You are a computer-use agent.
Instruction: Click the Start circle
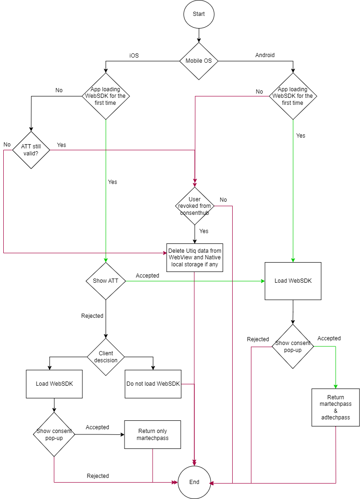point(199,14)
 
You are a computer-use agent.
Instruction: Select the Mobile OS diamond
point(199,61)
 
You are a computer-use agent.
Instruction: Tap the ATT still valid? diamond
point(31,150)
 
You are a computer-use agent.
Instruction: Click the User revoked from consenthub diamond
point(195,206)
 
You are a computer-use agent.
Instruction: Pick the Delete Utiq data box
point(195,257)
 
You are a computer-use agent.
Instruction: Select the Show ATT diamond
point(106,281)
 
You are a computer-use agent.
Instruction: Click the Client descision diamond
point(106,357)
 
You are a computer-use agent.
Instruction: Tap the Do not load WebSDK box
point(153,384)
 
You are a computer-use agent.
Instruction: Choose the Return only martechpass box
point(153,434)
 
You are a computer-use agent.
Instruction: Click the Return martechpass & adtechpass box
point(336,407)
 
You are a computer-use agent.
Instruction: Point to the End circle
point(194,482)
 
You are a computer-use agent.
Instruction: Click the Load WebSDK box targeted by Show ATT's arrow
point(293,281)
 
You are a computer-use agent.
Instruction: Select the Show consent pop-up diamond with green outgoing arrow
point(293,346)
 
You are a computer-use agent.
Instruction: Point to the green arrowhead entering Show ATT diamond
point(106,260)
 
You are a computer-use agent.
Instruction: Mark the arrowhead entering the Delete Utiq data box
point(164,253)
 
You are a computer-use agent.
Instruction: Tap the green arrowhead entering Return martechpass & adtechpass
point(336,386)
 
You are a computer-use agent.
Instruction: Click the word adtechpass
point(336,418)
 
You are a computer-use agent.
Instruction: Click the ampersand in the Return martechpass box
point(336,411)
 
